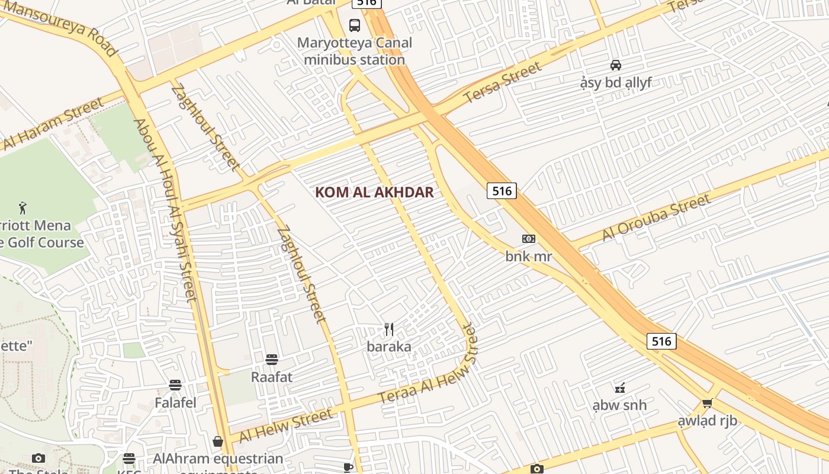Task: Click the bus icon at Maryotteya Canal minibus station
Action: click(x=354, y=25)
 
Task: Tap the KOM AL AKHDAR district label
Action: click(x=374, y=192)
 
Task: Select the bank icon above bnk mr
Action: click(x=529, y=239)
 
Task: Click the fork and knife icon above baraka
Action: click(x=389, y=329)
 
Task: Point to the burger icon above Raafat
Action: click(x=272, y=360)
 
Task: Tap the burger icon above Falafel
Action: click(x=175, y=385)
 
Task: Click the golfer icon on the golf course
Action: click(x=23, y=208)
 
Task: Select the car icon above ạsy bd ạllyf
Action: click(x=616, y=65)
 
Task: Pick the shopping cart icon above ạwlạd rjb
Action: click(x=707, y=403)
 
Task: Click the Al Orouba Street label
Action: click(x=656, y=217)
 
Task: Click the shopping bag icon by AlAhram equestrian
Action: click(x=218, y=441)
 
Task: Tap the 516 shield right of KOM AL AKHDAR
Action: click(x=502, y=191)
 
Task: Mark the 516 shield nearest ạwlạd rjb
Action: click(x=661, y=341)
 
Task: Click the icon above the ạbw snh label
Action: click(x=620, y=388)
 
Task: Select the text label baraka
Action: click(x=389, y=347)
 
